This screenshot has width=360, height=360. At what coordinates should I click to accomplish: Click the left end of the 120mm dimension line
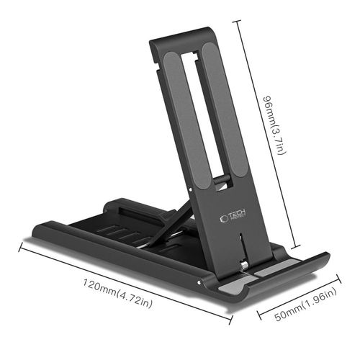pos(19,246)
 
